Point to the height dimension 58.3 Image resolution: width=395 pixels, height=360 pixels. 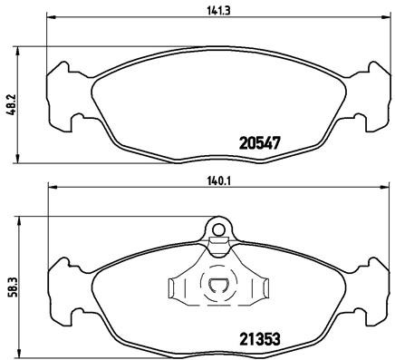click(x=11, y=285)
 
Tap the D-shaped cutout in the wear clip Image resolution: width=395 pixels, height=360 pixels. click(x=217, y=287)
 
